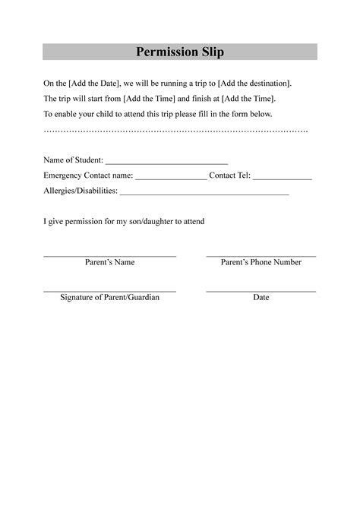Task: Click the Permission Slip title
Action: [x=180, y=52]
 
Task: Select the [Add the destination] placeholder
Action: [x=254, y=83]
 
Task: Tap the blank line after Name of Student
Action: [x=166, y=162]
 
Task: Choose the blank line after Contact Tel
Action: [x=282, y=178]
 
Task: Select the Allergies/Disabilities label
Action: [x=80, y=191]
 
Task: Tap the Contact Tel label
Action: [x=229, y=175]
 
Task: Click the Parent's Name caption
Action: [x=109, y=262]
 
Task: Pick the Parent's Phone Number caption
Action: [x=261, y=262]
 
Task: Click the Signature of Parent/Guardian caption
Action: [x=109, y=297]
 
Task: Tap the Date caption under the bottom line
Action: [x=261, y=297]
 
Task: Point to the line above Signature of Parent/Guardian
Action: [x=109, y=291]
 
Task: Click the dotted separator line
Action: [x=175, y=131]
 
